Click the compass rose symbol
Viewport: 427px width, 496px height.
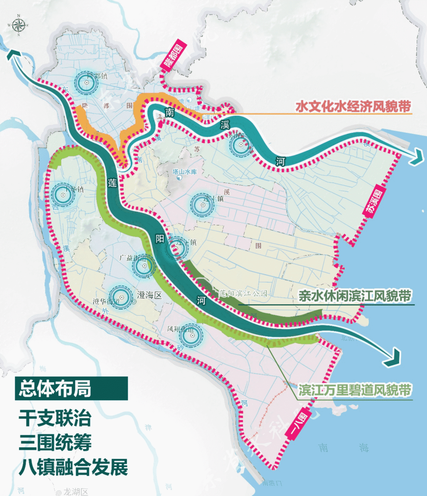(18, 26)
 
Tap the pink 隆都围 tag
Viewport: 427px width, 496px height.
(176, 55)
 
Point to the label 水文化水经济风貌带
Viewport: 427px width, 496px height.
(353, 106)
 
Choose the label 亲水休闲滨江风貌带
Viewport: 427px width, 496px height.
(355, 296)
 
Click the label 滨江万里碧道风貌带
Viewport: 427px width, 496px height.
(355, 390)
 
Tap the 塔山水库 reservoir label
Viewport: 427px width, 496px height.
(185, 172)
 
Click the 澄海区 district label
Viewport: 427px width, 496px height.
(149, 295)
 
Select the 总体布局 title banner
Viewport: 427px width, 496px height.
(71, 388)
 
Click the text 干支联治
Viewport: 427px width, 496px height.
(55, 418)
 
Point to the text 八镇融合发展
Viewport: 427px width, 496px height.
(73, 468)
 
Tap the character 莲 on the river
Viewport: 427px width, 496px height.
(113, 183)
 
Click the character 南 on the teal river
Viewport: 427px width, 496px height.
(170, 112)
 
